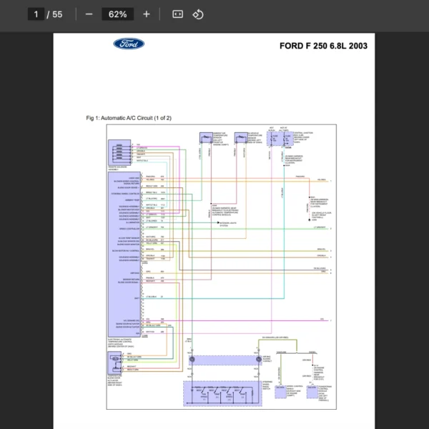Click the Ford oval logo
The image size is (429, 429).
[129, 44]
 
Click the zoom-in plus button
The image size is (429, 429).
[147, 14]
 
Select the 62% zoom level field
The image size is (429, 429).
[118, 14]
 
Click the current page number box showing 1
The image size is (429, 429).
[35, 14]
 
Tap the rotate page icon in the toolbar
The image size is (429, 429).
[198, 14]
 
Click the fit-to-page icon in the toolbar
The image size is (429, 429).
[177, 14]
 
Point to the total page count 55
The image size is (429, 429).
[57, 14]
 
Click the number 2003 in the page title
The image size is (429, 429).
[355, 46]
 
